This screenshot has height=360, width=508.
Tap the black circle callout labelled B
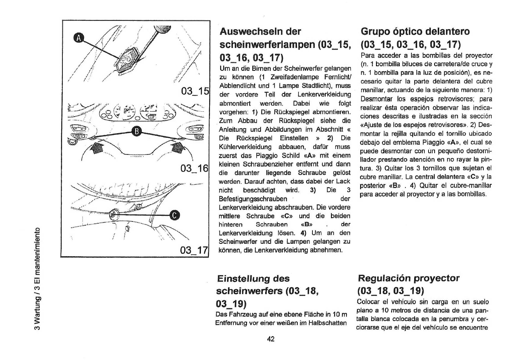[138, 132]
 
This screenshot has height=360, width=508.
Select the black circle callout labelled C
[174, 215]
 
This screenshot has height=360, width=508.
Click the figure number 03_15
[195, 91]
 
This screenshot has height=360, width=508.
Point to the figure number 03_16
[195, 168]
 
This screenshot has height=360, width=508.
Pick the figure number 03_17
[195, 250]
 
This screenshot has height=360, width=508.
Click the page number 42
[270, 339]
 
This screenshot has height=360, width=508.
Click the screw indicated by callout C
[113, 215]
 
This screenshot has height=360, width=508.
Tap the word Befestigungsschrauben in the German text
[253, 199]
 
